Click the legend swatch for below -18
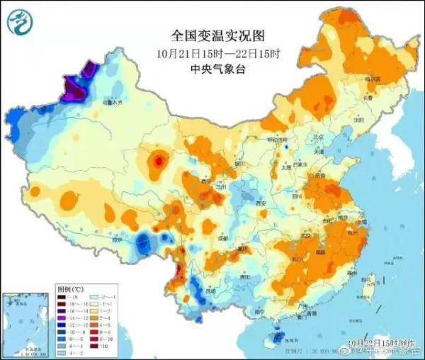(x=66, y=297)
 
